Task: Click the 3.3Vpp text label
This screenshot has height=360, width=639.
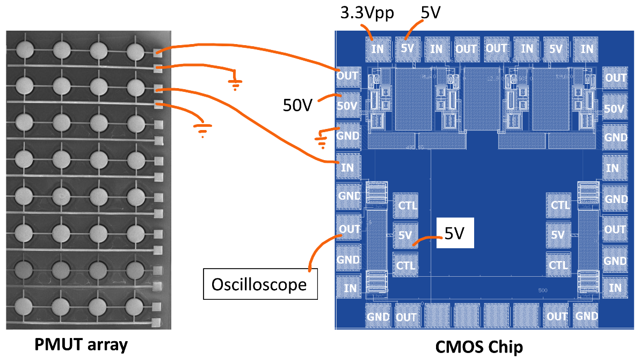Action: pos(368,13)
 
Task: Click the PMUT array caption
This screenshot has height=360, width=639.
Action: pos(82,344)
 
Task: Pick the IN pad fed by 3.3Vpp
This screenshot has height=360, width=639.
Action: pos(377,48)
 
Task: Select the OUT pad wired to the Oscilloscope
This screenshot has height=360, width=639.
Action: pos(348,228)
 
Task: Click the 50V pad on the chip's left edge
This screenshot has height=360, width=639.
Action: pos(347,106)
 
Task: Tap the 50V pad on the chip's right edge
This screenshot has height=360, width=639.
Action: pos(615,108)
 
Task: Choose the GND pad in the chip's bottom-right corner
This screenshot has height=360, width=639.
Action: pos(585,316)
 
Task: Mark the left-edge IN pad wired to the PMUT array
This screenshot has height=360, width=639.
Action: pos(347,167)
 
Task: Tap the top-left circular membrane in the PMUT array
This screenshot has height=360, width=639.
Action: pos(25,51)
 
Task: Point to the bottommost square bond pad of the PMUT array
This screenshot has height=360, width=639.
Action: pos(157,322)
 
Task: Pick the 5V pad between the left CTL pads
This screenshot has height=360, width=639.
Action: pos(405,235)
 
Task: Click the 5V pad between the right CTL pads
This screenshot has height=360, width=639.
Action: pos(558,235)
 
